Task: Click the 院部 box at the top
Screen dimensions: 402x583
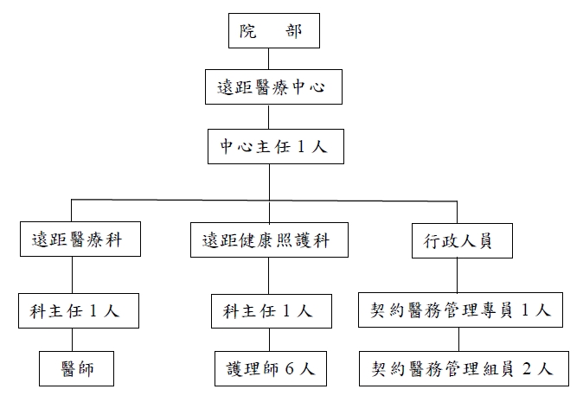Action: click(271, 31)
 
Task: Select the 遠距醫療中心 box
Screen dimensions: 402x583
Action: click(271, 87)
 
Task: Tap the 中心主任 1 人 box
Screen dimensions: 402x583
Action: click(271, 146)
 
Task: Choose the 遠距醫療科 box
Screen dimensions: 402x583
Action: click(72, 240)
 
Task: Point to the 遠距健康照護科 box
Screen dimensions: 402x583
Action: click(269, 240)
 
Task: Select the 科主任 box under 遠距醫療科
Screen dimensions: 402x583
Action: click(72, 310)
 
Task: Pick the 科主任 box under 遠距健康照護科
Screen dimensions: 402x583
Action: click(269, 310)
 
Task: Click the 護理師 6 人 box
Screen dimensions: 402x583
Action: click(269, 368)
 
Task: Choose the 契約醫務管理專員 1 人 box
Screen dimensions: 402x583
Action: click(463, 310)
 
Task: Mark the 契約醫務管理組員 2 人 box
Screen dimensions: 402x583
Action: click(463, 368)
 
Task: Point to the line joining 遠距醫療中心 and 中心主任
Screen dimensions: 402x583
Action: click(271, 117)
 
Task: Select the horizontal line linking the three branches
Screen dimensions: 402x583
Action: click(173, 201)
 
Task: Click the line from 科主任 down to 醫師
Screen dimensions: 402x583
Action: click(72, 340)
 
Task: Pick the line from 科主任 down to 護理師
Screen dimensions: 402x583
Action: click(269, 340)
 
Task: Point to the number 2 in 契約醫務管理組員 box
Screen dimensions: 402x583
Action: click(528, 369)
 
